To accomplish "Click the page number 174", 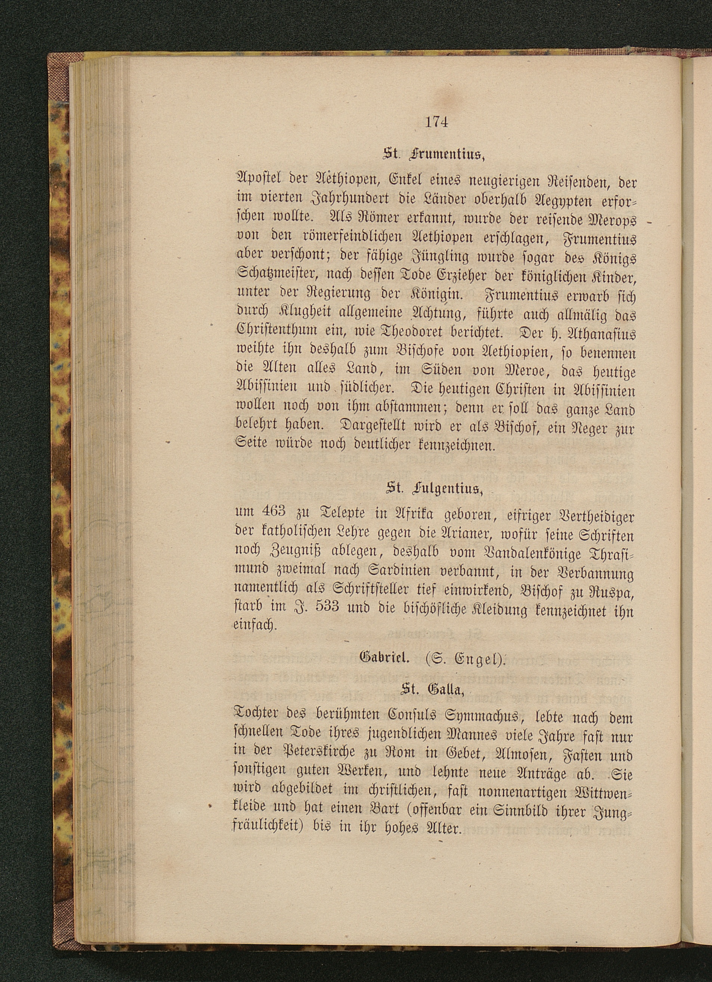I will coord(436,123).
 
